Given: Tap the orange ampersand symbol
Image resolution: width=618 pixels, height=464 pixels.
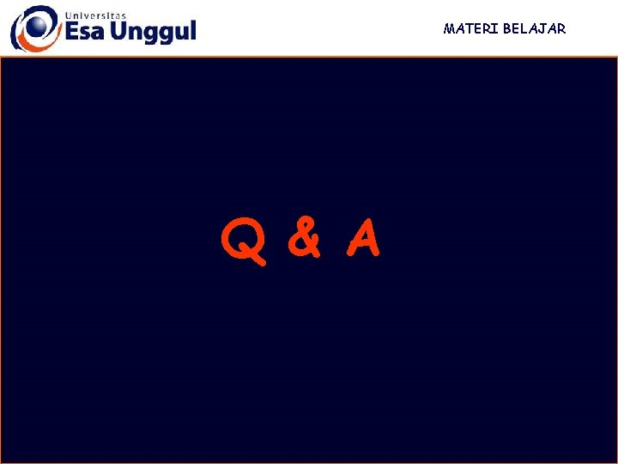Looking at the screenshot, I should point(304,239).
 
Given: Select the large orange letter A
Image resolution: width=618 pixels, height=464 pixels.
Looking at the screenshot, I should point(363,240).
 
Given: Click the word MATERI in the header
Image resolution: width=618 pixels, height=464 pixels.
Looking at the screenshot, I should point(470,28).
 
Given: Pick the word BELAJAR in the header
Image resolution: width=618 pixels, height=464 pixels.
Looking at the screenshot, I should point(535,28).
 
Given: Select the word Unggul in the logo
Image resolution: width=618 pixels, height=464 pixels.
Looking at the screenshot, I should point(155,33).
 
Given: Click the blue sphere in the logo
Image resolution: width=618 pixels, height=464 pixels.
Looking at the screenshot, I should point(37,23).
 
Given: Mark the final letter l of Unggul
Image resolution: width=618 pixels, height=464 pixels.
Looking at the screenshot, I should point(192,30).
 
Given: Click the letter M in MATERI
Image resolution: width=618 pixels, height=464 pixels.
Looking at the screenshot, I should point(449,28).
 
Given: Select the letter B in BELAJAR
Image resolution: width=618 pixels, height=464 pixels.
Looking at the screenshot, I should point(508,28).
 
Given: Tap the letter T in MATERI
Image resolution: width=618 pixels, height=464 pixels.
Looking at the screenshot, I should point(470,28).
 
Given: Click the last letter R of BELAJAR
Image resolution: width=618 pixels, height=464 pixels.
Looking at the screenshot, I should point(561,28).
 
